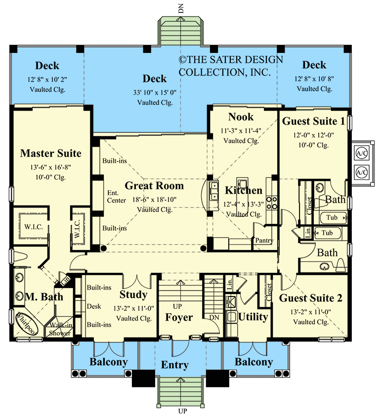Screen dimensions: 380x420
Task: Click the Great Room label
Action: pos(154,186)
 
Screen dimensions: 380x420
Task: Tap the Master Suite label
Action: pos(51,153)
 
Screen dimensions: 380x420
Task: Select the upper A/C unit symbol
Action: pos(362,154)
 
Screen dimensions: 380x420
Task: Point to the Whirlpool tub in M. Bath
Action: pos(26,324)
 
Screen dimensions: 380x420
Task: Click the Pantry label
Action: pos(264,240)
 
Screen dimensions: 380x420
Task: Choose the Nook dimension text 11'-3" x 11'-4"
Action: pos(241,131)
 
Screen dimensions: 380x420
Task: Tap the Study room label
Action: pos(133,294)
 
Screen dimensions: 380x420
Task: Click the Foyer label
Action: pos(179,317)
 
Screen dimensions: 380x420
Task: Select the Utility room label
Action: pos(253,317)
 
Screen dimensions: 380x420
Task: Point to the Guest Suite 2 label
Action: pos(311,298)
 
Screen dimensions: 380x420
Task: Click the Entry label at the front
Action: pos(174,365)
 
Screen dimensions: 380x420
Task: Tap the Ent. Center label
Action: pos(117,197)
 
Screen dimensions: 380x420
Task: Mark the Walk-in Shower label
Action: pos(60,329)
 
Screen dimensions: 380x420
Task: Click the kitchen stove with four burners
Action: pos(272,203)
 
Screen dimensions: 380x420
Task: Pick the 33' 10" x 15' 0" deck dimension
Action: pos(155,93)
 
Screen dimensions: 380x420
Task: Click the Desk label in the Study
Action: pos(94,306)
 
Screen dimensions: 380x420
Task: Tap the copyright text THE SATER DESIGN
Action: pos(231,59)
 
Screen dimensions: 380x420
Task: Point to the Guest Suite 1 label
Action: pos(313,121)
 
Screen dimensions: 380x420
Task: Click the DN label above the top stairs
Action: pos(181,8)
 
